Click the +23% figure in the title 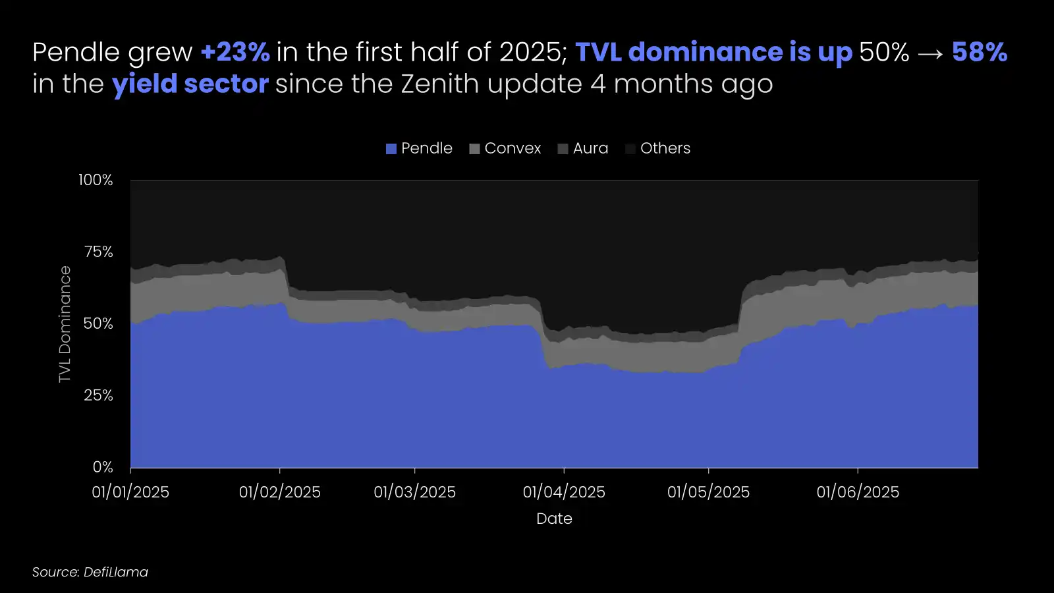[x=235, y=53]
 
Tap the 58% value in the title [x=979, y=53]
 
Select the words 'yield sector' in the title [x=190, y=84]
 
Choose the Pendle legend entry [x=419, y=148]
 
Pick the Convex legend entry [x=505, y=148]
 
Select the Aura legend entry [x=583, y=148]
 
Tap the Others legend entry [x=657, y=148]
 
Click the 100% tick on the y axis [x=96, y=180]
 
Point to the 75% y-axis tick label [x=98, y=252]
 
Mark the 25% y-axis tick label [x=98, y=395]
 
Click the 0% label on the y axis [x=103, y=467]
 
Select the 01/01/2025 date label [x=130, y=492]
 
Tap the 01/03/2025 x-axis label [x=414, y=492]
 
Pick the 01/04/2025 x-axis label [x=564, y=492]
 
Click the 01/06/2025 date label [x=858, y=492]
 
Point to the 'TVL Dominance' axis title [x=65, y=324]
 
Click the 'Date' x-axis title [x=554, y=519]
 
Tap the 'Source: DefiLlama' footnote [x=90, y=572]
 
